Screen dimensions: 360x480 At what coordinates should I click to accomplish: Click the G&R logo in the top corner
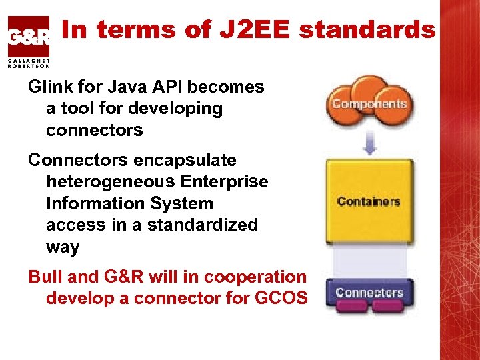pos(28,37)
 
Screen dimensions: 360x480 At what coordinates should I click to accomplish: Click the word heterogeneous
pos(111,181)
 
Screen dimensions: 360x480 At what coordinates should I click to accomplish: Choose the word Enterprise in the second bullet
pos(225,181)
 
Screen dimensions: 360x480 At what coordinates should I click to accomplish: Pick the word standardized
pos(203,225)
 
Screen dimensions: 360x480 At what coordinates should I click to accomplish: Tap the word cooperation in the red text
pos(255,277)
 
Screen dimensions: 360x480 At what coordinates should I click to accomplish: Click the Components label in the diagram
pos(369,104)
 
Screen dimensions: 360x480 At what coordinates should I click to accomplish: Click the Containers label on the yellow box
pos(369,201)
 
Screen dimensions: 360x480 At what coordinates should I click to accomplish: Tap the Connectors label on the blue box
pos(369,292)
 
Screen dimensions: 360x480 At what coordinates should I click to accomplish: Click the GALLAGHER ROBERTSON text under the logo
pos(29,63)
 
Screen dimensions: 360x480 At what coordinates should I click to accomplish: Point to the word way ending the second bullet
pos(63,247)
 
